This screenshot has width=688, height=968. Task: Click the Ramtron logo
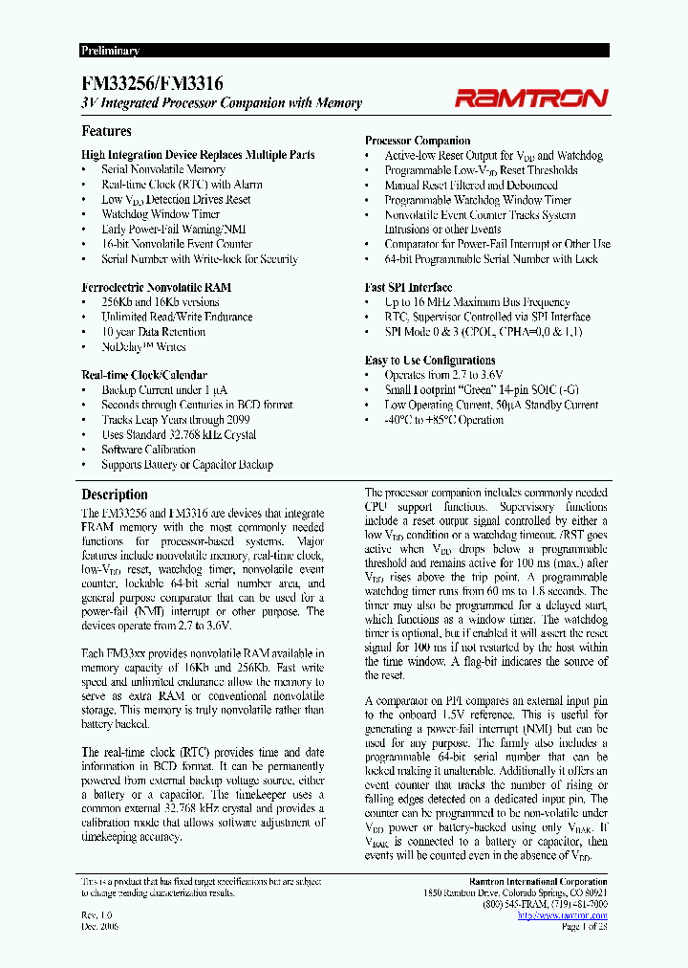(x=530, y=98)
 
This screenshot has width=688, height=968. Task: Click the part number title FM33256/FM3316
(x=153, y=85)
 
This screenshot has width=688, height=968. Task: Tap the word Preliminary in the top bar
(x=111, y=51)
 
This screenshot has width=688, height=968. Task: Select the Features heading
(x=107, y=131)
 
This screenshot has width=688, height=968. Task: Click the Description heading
(x=115, y=495)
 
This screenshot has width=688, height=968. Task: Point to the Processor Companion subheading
(x=418, y=141)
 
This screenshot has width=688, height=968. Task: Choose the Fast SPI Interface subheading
(x=408, y=287)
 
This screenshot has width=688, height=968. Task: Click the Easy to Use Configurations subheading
(x=430, y=361)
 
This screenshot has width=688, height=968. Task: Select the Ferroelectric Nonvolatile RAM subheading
(x=156, y=287)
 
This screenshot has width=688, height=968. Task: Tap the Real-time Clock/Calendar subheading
(x=144, y=375)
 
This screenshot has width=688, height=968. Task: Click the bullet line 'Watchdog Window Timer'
(x=161, y=214)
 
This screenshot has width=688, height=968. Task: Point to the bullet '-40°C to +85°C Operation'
(x=443, y=420)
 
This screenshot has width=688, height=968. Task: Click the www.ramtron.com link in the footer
(x=562, y=915)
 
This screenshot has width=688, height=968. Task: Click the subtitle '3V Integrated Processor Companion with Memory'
(x=222, y=103)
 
